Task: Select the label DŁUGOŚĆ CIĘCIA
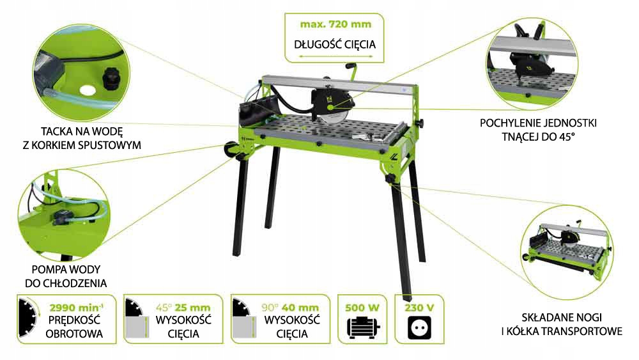click(x=334, y=45)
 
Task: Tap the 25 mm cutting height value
click(x=193, y=307)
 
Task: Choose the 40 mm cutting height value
click(x=301, y=307)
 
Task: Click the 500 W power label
click(x=363, y=307)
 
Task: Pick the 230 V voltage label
click(x=419, y=307)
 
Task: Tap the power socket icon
click(x=419, y=329)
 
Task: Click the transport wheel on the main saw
click(x=229, y=151)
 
